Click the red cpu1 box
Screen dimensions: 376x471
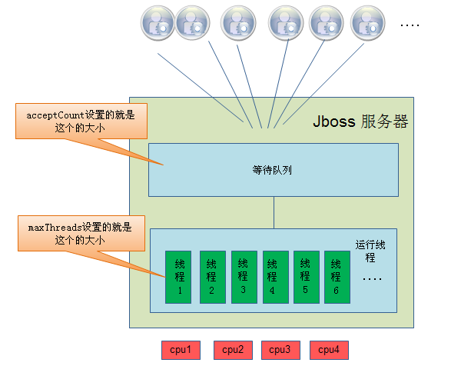tap(181, 350)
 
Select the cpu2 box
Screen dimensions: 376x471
tap(233, 350)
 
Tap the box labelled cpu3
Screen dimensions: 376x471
tap(280, 350)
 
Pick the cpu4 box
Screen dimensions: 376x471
tap(329, 350)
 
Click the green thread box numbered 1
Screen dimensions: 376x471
tap(180, 277)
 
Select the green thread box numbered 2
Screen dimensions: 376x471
tap(212, 277)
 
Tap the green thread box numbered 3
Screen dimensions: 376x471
tap(243, 277)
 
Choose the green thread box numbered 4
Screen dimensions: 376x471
tap(274, 277)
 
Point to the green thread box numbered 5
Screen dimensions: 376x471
tap(305, 277)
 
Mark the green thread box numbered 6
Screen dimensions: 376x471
tap(337, 277)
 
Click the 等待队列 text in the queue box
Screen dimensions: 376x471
tap(273, 171)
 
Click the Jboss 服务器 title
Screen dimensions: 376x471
tap(360, 122)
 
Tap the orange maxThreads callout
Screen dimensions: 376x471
tap(80, 234)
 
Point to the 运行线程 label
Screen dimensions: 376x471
tap(371, 250)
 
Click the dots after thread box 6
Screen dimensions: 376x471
tap(371, 278)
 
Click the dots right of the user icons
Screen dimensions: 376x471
tap(410, 25)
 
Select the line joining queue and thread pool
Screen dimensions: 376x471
tap(274, 212)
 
